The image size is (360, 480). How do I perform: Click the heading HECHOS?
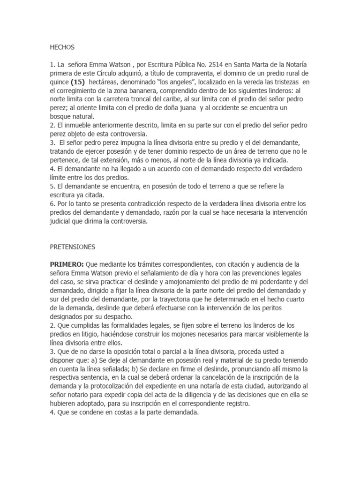[62, 47]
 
